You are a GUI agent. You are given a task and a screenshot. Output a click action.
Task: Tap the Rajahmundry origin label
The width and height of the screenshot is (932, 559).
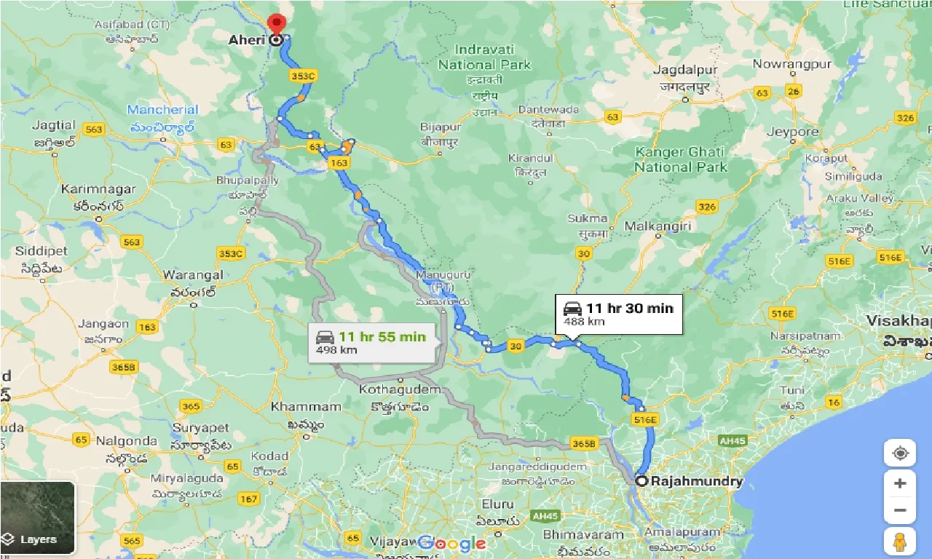point(696,481)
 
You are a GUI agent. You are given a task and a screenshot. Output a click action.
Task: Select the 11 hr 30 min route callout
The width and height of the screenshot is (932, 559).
point(618,314)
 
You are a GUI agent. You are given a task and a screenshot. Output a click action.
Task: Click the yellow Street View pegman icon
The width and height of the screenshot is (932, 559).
point(900,541)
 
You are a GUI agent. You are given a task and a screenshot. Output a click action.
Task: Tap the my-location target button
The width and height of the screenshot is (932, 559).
point(900,453)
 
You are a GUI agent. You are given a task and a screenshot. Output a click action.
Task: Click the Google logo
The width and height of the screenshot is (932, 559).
point(451,543)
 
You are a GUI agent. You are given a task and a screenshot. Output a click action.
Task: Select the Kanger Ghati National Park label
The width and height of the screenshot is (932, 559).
point(679,159)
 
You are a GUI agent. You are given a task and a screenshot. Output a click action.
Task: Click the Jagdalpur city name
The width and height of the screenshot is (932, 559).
point(684,70)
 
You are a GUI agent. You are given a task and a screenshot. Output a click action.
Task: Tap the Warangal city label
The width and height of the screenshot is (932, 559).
point(192,275)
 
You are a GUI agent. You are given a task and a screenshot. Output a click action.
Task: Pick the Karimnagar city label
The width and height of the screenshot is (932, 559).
point(98,189)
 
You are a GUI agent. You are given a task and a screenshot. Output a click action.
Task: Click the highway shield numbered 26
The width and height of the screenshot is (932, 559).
point(793,91)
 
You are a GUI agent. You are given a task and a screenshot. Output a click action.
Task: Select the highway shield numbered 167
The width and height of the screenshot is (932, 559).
point(248,499)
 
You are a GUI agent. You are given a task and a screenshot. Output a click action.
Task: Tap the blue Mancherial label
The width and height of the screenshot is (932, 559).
point(162,110)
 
